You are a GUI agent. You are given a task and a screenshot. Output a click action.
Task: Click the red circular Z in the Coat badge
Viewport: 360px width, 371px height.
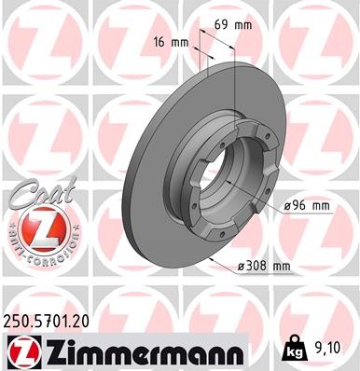[35, 227]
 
